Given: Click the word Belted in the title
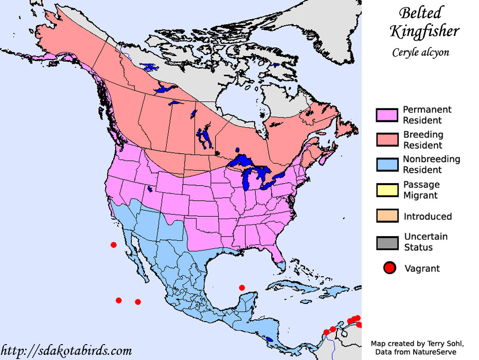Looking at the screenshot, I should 420,13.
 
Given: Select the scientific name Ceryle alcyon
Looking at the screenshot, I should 420,52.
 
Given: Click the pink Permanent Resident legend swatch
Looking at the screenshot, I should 387,115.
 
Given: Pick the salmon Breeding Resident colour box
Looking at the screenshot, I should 387,140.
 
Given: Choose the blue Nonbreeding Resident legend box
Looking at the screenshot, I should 387,165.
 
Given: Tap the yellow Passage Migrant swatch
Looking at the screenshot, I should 387,190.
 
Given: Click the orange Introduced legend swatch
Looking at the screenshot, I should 387,216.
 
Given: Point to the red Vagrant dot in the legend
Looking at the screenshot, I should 390,268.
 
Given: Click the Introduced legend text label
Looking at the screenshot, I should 428,217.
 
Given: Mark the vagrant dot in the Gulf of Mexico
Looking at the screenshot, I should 242,287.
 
